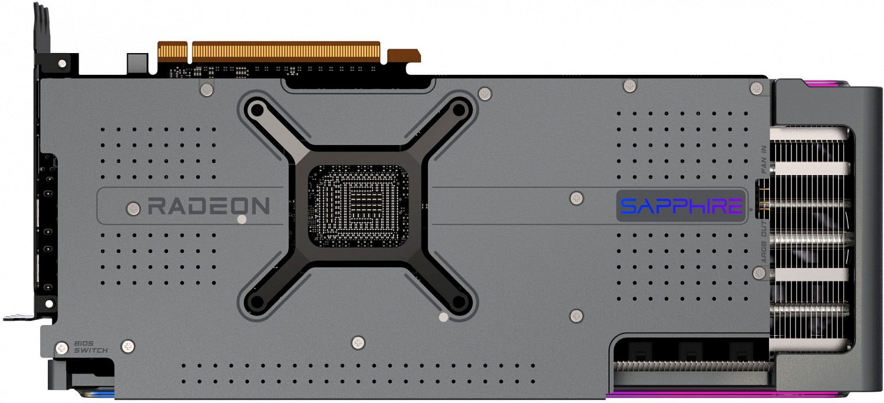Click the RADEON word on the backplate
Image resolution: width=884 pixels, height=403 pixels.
pos(209,207)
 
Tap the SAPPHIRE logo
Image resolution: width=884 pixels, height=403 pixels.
pos(681,207)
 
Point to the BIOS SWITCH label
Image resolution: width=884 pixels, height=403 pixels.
pos(91,347)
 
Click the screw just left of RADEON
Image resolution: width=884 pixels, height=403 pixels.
pos(134,208)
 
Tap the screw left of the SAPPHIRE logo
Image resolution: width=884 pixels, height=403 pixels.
pos(577,198)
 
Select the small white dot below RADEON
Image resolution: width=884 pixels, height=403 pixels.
pos(241,220)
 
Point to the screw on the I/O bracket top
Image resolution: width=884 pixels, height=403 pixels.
pos(62,63)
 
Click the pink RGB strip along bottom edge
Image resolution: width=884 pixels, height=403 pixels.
pos(690,394)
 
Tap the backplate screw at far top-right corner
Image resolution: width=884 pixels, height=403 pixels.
pos(757,89)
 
